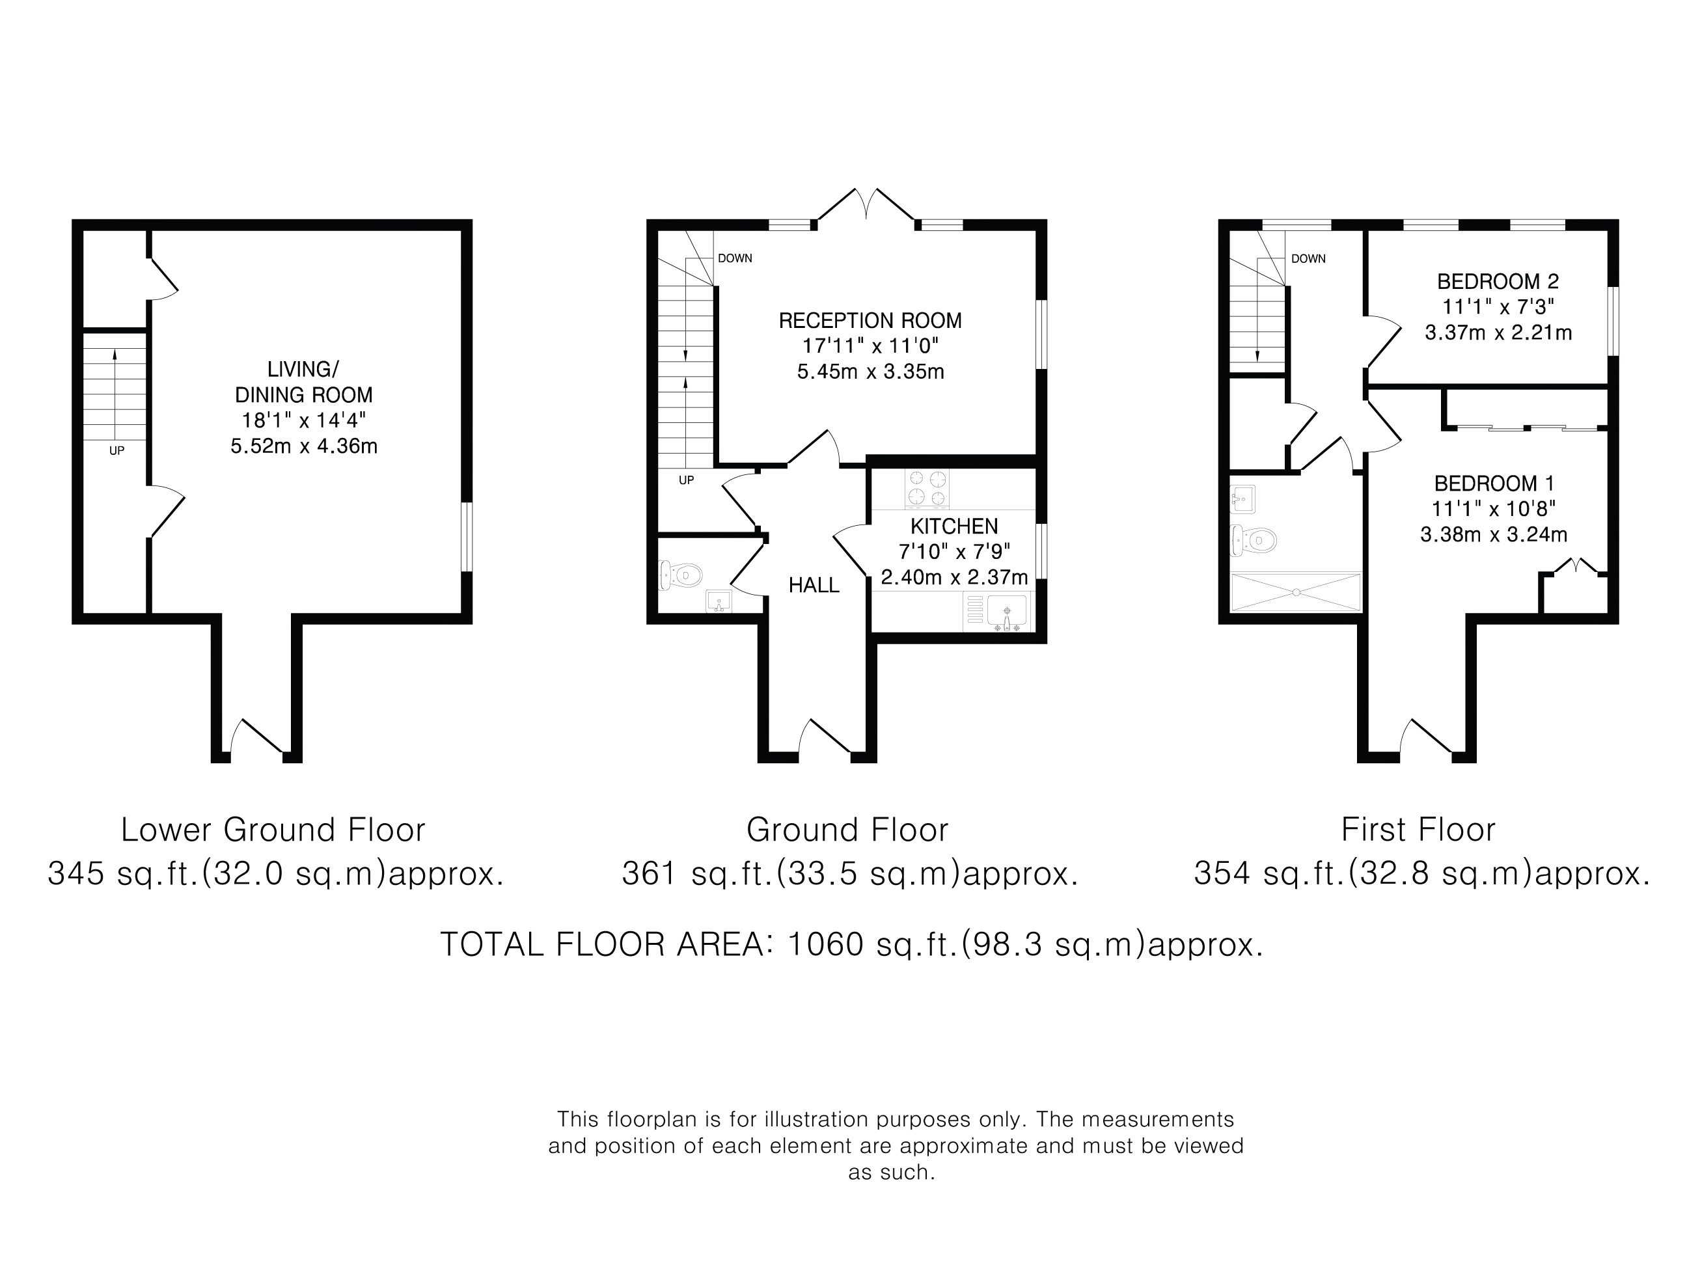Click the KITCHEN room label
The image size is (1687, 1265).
[x=954, y=526]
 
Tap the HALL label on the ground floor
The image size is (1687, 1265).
[x=814, y=585]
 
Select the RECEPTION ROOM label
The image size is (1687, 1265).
[x=870, y=320]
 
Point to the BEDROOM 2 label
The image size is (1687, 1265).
[x=1498, y=281]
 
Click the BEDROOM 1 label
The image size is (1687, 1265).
[x=1494, y=483]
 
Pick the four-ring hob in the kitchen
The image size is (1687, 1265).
[x=927, y=489]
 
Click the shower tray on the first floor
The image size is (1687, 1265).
[x=1296, y=592]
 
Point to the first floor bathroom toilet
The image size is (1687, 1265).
[x=1253, y=541]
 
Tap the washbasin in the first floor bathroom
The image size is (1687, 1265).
[x=1243, y=500]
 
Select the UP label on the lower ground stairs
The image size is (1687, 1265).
[x=117, y=451]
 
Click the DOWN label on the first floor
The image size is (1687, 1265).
[x=1309, y=258]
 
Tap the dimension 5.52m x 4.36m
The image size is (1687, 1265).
[x=305, y=446]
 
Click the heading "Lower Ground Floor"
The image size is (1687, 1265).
[x=273, y=830]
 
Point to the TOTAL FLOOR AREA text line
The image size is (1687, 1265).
[x=852, y=944]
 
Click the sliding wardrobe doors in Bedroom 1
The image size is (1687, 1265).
[x=1526, y=427]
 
